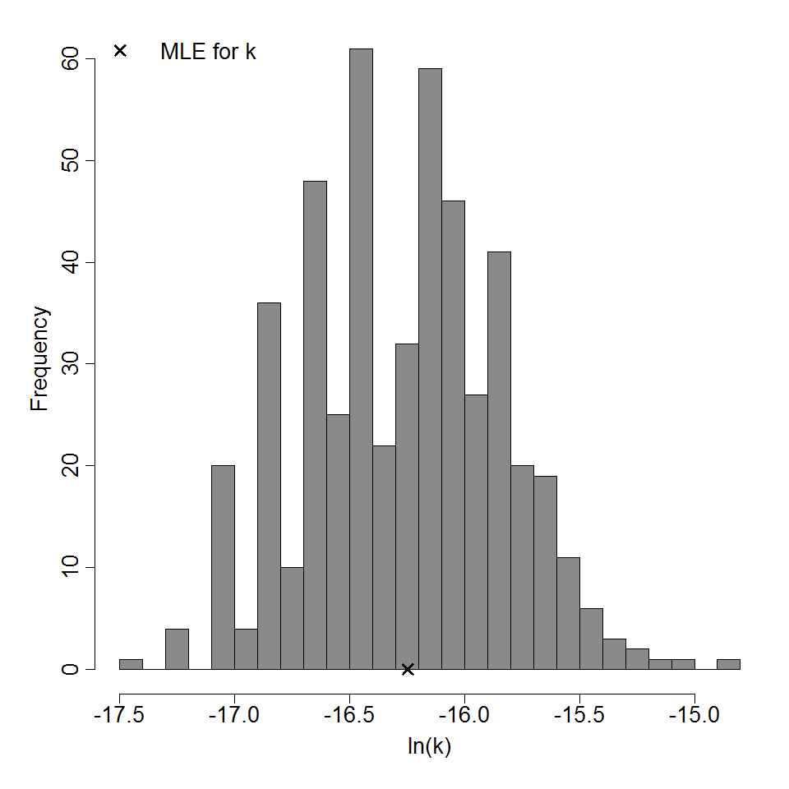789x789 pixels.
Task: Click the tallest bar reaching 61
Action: tap(361, 362)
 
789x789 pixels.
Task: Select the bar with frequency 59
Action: tap(430, 370)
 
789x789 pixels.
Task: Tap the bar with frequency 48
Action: tap(315, 427)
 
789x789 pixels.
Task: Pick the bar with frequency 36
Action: tap(269, 485)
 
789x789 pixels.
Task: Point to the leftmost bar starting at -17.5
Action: tap(131, 664)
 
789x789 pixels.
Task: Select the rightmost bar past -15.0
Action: tap(728, 664)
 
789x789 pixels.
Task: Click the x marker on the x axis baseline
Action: tap(408, 669)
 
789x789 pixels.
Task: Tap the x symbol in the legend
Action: tap(120, 50)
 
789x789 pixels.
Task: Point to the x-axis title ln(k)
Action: tap(429, 747)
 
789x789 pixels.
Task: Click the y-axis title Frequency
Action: tap(39, 359)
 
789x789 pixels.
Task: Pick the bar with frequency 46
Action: tap(453, 436)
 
